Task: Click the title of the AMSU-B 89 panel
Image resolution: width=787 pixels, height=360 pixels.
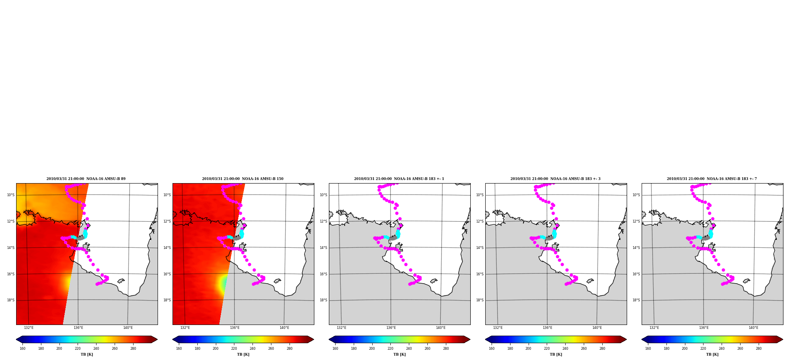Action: [86, 179]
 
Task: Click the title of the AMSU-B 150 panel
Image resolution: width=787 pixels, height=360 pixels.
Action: [243, 179]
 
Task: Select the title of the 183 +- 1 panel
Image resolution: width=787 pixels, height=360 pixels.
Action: [399, 179]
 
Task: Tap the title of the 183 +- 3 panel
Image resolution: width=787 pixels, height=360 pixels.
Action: [555, 179]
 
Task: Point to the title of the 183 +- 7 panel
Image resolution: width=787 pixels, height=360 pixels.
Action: [712, 179]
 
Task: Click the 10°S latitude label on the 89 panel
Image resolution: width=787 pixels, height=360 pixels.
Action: [11, 195]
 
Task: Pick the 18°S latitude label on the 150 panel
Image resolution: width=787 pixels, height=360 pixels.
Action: [167, 300]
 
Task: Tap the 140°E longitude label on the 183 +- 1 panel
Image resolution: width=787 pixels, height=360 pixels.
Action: [441, 328]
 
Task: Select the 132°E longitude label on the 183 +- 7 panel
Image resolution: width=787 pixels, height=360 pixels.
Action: [654, 328]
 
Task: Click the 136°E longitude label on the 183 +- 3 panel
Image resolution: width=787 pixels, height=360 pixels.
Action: [548, 328]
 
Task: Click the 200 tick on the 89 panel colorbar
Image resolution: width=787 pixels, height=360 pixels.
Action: [59, 349]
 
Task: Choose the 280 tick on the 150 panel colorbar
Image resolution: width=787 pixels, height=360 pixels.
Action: [290, 349]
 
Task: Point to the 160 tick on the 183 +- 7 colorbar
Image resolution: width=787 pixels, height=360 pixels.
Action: [648, 349]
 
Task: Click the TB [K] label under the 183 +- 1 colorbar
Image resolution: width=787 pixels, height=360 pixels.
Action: [399, 354]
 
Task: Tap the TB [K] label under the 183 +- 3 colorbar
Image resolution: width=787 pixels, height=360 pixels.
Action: [556, 354]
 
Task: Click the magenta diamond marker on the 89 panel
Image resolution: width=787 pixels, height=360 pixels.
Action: [88, 226]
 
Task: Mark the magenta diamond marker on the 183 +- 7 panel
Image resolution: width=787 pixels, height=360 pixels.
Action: [714, 226]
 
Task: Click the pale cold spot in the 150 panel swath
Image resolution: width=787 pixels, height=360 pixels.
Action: [223, 284]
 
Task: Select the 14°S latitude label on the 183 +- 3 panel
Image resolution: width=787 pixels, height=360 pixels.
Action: [480, 248]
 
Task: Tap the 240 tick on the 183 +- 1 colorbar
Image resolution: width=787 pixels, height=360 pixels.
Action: [409, 349]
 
